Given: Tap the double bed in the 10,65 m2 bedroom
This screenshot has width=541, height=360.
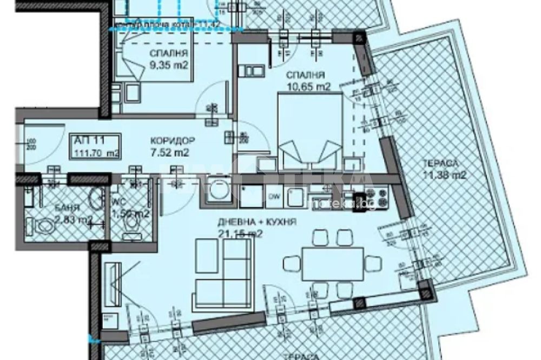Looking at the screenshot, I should pos(309,131).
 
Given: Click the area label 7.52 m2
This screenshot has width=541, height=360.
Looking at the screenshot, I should pos(169,153).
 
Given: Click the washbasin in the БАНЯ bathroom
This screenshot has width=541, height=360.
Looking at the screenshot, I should pos(96,199).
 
